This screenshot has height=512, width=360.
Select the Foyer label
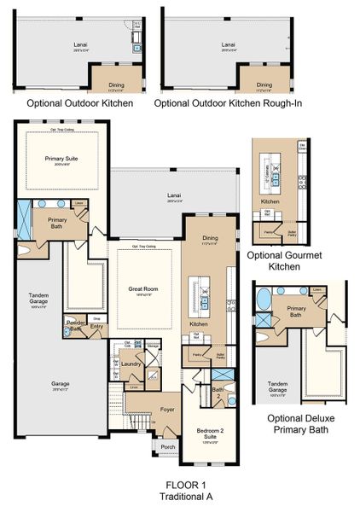[x=167, y=410]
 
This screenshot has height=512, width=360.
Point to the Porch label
[x=167, y=445]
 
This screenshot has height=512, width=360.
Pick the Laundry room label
[x=131, y=364]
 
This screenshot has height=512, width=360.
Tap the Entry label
[x=96, y=325]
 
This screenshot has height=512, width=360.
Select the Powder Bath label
[x=73, y=327]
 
